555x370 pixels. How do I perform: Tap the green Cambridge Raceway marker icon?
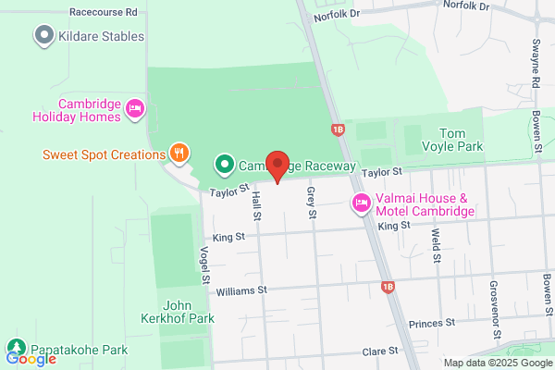click(223, 166)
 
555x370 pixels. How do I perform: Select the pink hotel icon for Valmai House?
click(361, 203)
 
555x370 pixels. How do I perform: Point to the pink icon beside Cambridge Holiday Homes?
click(135, 110)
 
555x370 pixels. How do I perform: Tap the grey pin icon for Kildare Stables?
click(43, 36)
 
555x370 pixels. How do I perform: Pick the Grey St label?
click(312, 202)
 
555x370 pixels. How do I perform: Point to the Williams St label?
click(240, 290)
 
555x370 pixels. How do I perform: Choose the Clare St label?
click(379, 351)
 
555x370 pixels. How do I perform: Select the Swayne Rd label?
click(536, 64)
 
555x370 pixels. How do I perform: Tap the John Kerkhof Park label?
click(189, 312)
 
